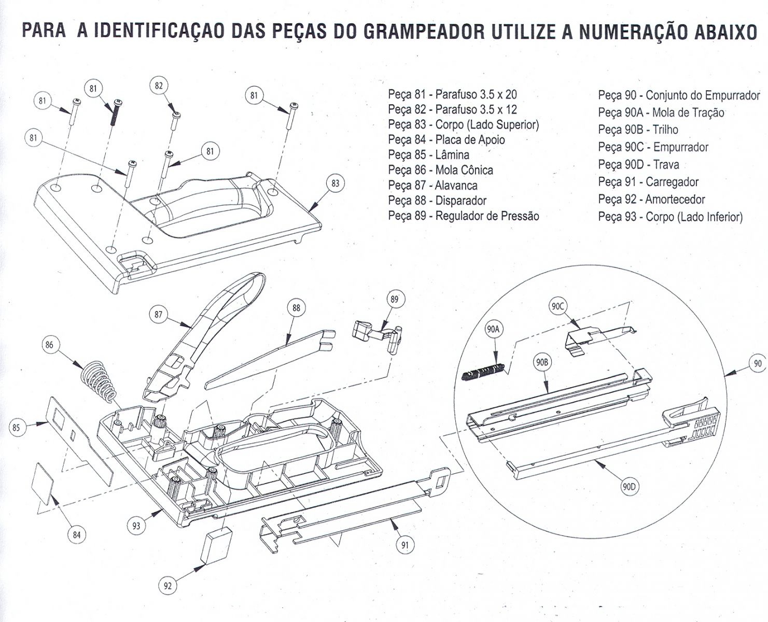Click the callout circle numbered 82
pos(159,86)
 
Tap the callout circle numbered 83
pos(336,183)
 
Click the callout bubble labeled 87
pos(159,314)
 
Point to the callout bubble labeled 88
pos(296,308)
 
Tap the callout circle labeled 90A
pos(493,329)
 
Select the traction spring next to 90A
pos(482,372)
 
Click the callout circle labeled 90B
pos(541,363)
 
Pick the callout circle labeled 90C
pos(557,306)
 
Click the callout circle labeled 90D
pos(631,486)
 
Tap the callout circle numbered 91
pos(405,545)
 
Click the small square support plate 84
pos(43,481)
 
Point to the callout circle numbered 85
pos(17,428)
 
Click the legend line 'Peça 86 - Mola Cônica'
pos(440,170)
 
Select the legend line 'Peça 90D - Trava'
pos(638,165)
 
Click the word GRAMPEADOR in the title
pos(424,32)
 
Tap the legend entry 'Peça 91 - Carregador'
pos(648,182)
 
